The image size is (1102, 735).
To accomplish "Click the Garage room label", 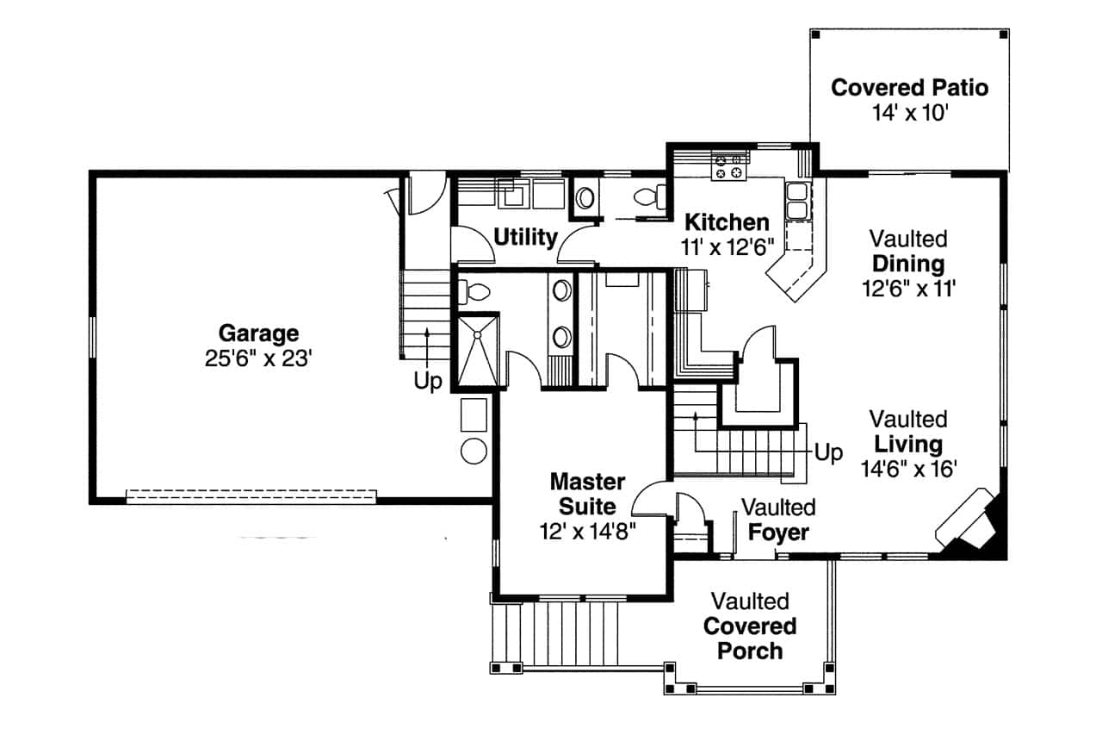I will click(258, 333).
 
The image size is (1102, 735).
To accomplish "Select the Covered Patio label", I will click(909, 87).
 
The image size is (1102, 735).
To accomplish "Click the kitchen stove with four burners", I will click(727, 165).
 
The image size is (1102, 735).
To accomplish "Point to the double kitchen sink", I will click(797, 201).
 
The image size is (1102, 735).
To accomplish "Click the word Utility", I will click(525, 237).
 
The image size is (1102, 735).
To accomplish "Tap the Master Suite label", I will click(588, 493).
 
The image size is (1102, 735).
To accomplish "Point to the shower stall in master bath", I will click(477, 350).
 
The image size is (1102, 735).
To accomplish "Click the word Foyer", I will click(777, 533).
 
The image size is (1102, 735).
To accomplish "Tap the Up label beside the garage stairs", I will click(428, 381).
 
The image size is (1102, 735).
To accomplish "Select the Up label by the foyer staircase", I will click(828, 453).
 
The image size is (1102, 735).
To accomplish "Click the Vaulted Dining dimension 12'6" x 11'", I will click(909, 290).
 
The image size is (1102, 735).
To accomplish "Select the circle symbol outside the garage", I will click(474, 450).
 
